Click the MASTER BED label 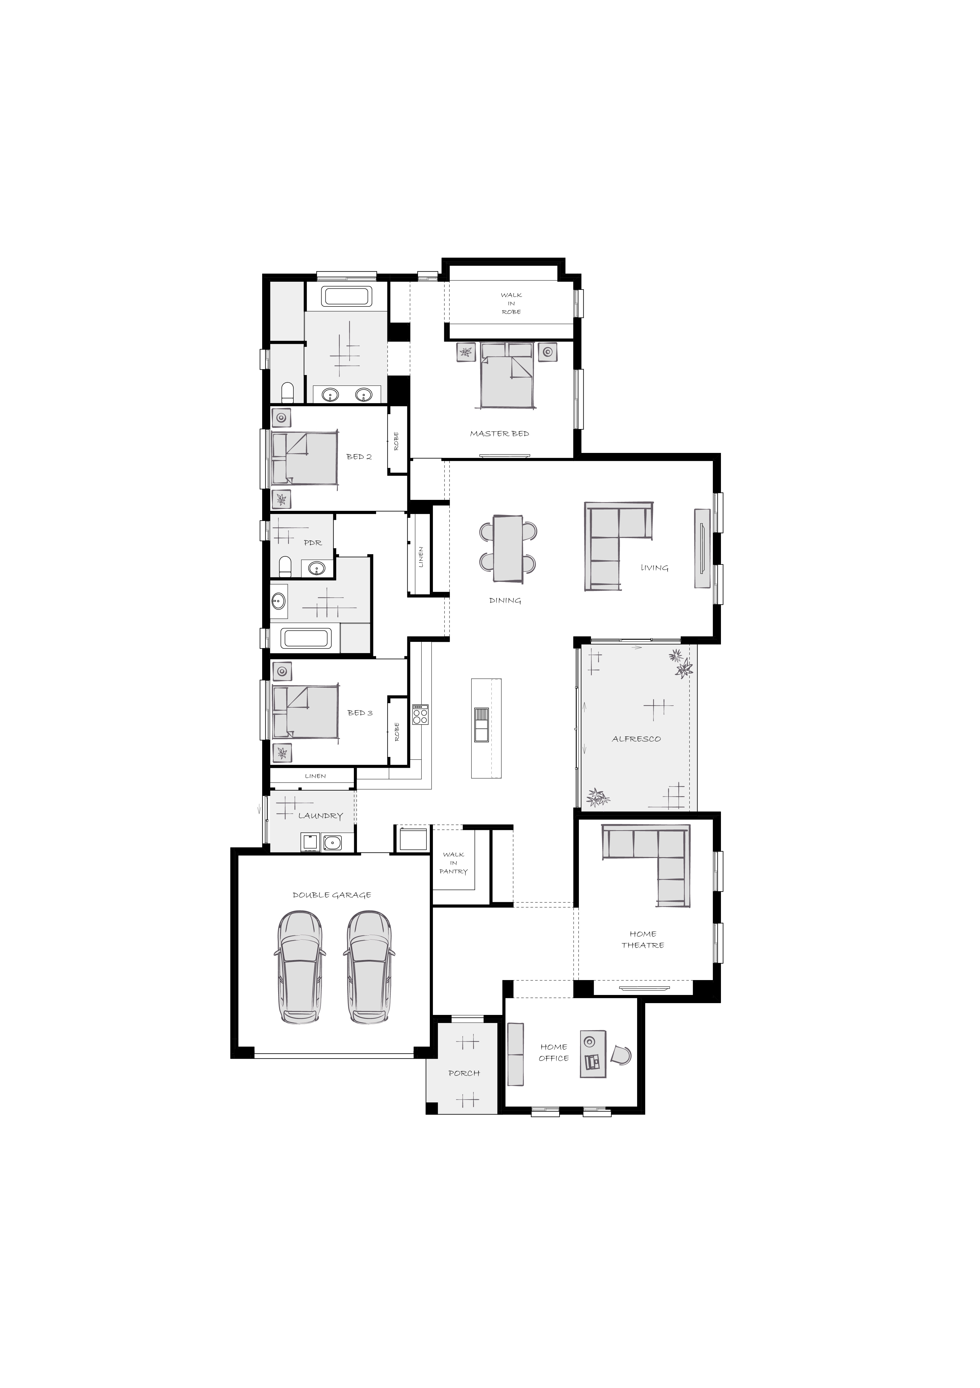500,434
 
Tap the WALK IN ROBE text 511,303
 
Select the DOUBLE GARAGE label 332,895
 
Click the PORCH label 464,1073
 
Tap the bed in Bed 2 304,458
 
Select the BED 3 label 360,713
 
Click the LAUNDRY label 321,816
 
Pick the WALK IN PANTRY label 454,863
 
